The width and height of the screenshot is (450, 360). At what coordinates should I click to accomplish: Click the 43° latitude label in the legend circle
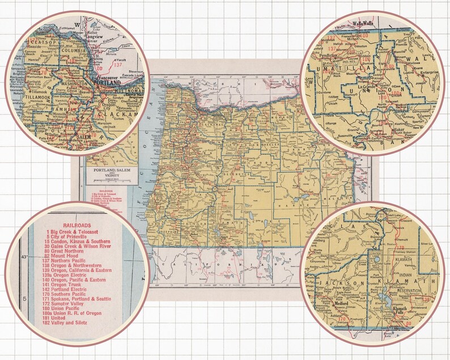24,257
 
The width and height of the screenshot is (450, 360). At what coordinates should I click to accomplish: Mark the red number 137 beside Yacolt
118,65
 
